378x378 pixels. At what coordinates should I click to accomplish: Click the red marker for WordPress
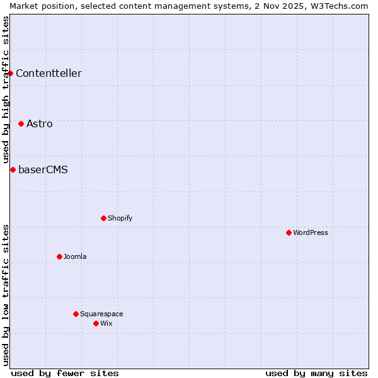[x=289, y=232]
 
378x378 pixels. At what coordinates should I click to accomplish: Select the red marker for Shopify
[x=103, y=218]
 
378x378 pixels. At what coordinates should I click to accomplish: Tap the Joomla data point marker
[x=59, y=256]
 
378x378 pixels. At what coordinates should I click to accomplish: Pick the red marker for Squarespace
[x=76, y=314]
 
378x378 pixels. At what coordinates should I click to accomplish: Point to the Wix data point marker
[x=96, y=323]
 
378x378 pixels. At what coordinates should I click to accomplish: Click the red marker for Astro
[x=21, y=123]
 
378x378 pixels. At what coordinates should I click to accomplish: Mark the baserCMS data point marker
[x=13, y=169]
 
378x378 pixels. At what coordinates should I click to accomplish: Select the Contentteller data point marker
[x=10, y=73]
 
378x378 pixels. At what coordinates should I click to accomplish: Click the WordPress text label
[x=311, y=232]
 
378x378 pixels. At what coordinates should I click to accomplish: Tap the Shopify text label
[x=120, y=218]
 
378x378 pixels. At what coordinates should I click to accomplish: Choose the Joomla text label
[x=75, y=256]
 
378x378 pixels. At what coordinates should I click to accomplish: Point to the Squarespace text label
[x=101, y=314]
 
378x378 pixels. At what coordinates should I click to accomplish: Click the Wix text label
[x=106, y=323]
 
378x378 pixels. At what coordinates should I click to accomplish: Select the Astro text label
[x=40, y=123]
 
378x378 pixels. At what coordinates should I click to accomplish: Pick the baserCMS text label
[x=43, y=169]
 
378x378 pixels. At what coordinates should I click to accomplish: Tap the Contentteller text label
[x=49, y=73]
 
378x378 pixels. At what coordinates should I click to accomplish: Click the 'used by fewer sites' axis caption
[x=65, y=373]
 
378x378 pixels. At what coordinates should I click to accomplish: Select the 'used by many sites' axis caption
[x=316, y=373]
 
